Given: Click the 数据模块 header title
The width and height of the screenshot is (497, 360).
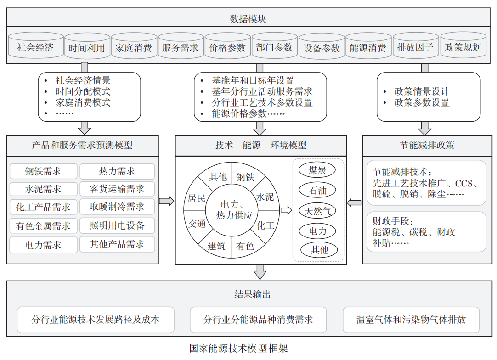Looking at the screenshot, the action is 248,19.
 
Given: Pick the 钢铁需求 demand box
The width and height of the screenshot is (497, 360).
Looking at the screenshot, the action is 44,171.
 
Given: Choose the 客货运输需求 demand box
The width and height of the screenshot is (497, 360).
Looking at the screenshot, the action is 117,189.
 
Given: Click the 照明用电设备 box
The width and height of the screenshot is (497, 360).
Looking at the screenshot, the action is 117,225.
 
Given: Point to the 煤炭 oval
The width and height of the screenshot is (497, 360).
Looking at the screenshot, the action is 317,170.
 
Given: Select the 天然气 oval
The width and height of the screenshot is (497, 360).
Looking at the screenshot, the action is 317,211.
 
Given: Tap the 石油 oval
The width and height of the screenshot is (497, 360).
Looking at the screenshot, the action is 317,191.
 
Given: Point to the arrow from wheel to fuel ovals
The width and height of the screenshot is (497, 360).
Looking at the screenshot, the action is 286,210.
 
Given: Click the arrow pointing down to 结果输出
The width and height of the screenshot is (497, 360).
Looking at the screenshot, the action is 260,272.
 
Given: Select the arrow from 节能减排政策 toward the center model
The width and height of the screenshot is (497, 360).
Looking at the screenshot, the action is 354,202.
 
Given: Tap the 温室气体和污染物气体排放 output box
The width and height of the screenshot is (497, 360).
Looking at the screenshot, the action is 411,320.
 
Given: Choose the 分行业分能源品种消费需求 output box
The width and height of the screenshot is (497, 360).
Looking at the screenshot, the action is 258,320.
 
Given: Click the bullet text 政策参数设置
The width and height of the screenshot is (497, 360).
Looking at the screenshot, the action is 422,103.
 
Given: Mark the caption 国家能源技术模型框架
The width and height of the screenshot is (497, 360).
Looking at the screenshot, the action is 238,348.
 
